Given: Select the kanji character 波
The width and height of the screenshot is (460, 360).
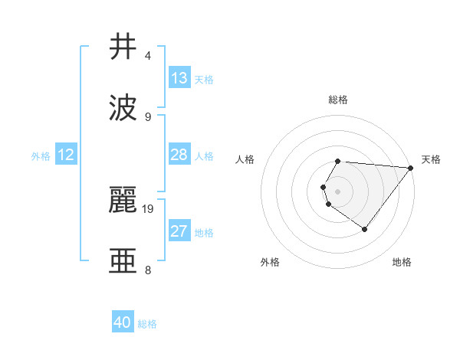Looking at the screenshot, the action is (123, 108).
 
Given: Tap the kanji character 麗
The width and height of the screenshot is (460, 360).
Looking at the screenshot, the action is (123, 200).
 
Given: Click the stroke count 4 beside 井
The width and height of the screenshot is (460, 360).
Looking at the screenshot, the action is (147, 56).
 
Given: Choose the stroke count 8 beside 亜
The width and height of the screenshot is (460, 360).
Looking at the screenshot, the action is (147, 270).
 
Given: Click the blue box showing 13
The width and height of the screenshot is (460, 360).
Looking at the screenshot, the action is (179, 78).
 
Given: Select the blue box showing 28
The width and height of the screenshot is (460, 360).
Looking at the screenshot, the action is (179, 155).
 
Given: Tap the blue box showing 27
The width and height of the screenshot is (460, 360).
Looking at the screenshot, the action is (179, 231).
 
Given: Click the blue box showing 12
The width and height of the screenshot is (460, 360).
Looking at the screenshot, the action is (66, 155).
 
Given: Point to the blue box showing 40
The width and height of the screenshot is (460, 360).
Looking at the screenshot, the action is (123, 322).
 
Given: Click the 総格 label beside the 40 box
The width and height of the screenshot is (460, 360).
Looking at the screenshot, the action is (148, 324).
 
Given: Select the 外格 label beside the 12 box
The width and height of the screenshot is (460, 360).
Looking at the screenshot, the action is (41, 156).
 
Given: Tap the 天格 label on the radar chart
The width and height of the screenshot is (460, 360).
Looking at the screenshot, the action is (431, 159).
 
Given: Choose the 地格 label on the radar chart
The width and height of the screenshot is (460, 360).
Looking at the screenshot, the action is (402, 262).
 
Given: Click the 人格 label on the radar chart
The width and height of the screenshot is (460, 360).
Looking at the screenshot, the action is (245, 159).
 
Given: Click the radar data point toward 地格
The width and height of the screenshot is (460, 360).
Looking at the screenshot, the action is (365, 229).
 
